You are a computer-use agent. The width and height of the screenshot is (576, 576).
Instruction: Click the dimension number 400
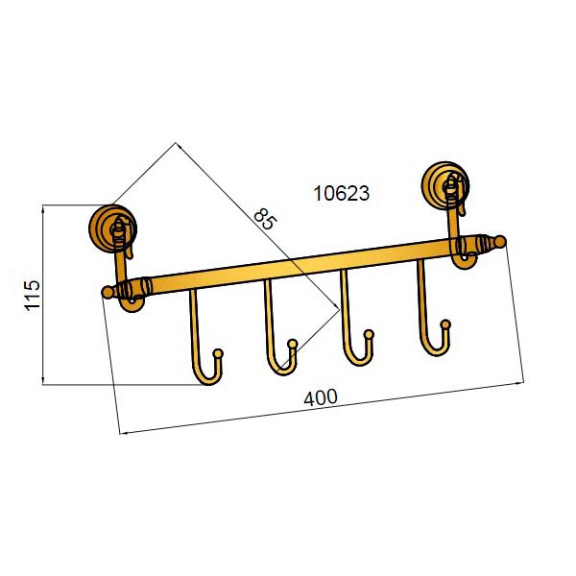pyautogui.click(x=321, y=397)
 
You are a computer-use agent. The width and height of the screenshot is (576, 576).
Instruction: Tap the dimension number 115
pyautogui.click(x=33, y=296)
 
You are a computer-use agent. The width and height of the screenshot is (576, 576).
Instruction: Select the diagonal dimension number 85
pyautogui.click(x=265, y=219)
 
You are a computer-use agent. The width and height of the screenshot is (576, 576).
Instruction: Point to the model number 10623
pyautogui.click(x=341, y=193)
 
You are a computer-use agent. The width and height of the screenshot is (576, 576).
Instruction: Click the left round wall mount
pyautogui.click(x=112, y=228)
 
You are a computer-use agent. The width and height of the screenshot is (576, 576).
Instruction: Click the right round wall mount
pyautogui.click(x=445, y=185)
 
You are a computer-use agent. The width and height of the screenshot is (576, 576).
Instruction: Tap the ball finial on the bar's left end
pyautogui.click(x=108, y=293)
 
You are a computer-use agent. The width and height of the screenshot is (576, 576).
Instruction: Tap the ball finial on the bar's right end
pyautogui.click(x=500, y=241)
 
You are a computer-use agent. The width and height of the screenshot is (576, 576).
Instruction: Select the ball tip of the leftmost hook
pyautogui.click(x=218, y=353)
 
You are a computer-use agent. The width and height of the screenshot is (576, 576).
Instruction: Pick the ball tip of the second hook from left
pyautogui.click(x=293, y=344)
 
